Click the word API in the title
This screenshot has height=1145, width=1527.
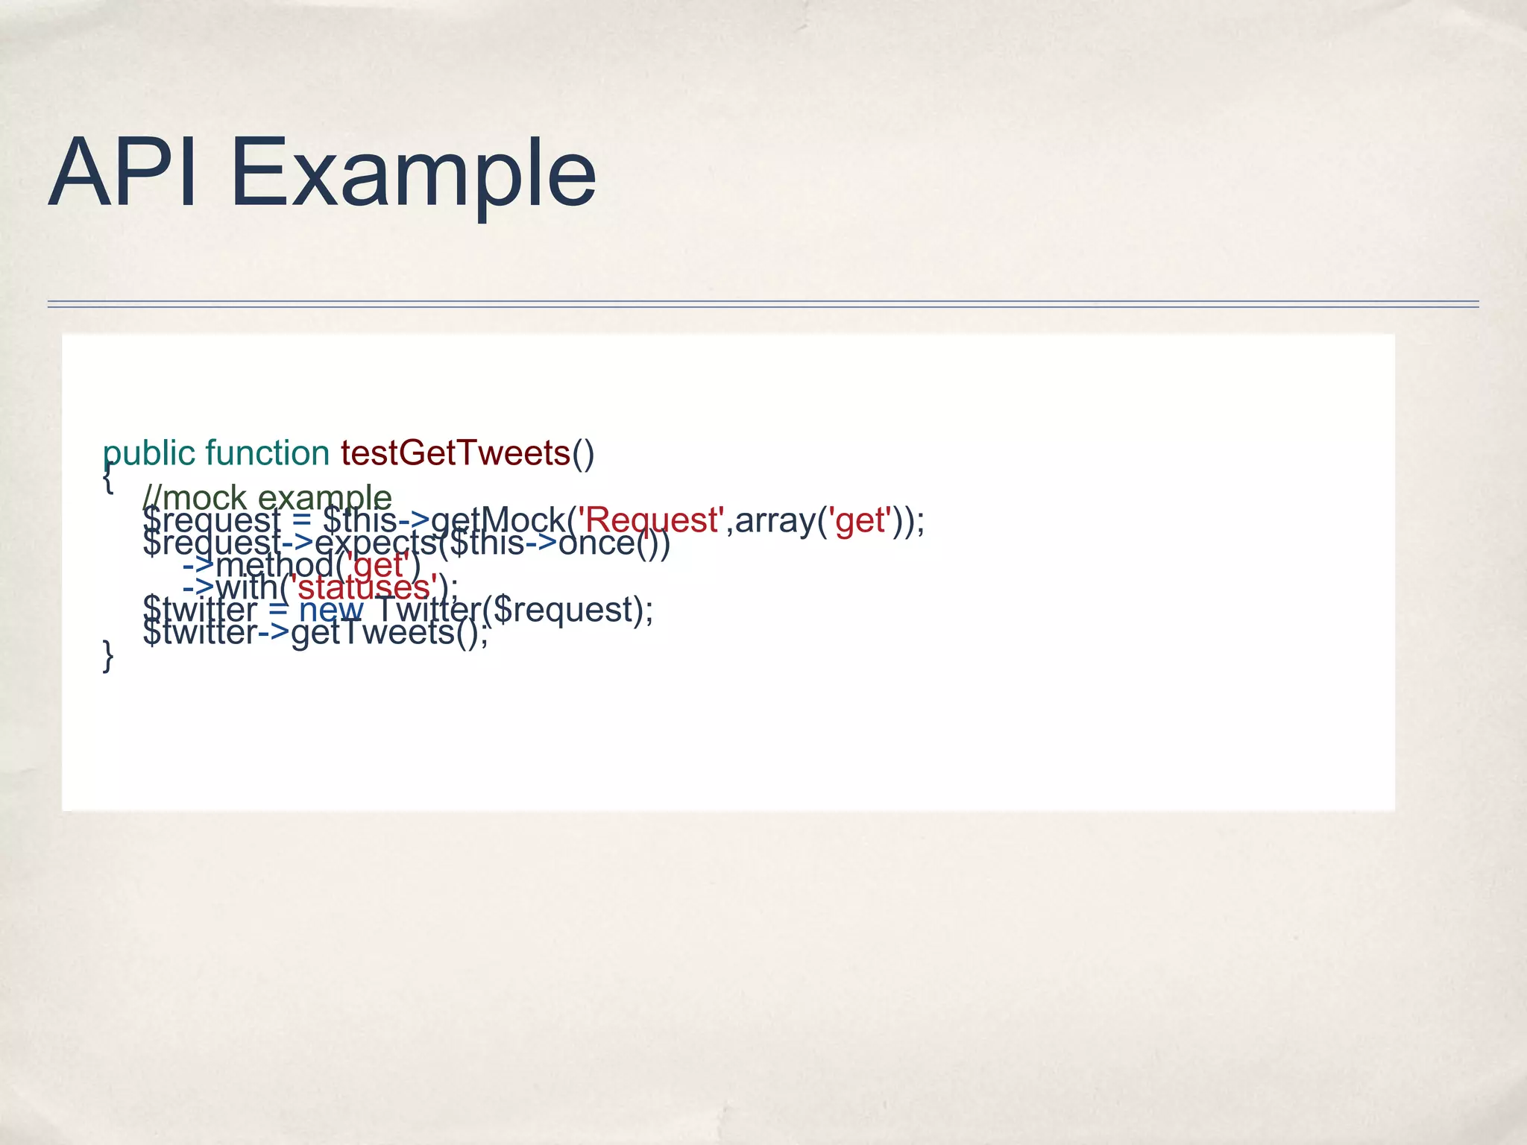click(124, 173)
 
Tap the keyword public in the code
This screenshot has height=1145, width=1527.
click(148, 453)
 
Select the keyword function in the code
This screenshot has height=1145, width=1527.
click(267, 452)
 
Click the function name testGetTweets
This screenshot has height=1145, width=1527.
click(455, 452)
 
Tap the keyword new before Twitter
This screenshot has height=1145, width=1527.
click(331, 610)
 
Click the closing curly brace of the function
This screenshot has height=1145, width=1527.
click(108, 655)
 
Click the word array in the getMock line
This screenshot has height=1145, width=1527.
click(775, 520)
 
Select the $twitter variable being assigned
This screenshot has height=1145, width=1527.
click(199, 610)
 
